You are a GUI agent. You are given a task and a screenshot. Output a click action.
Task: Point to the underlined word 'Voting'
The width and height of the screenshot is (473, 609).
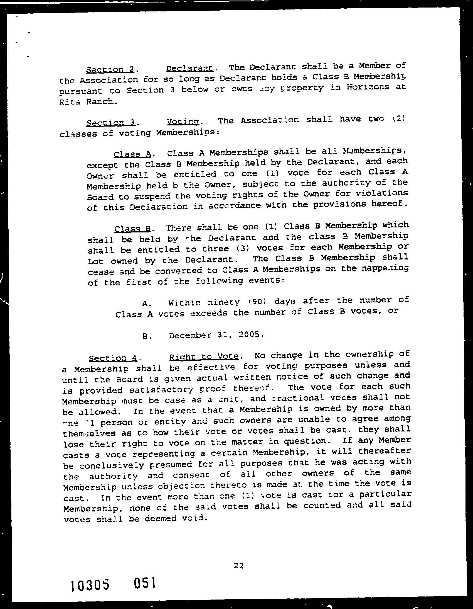(x=183, y=122)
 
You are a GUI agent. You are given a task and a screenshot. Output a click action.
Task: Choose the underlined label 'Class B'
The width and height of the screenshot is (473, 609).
(x=132, y=229)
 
